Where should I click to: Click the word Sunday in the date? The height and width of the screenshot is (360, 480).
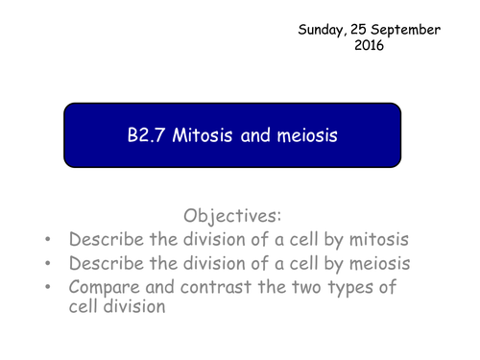pos(325,30)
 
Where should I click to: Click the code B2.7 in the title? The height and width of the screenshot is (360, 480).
pos(147,135)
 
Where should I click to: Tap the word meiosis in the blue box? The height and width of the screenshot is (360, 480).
pos(307,135)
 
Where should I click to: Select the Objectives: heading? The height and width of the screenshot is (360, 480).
pos(237,216)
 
